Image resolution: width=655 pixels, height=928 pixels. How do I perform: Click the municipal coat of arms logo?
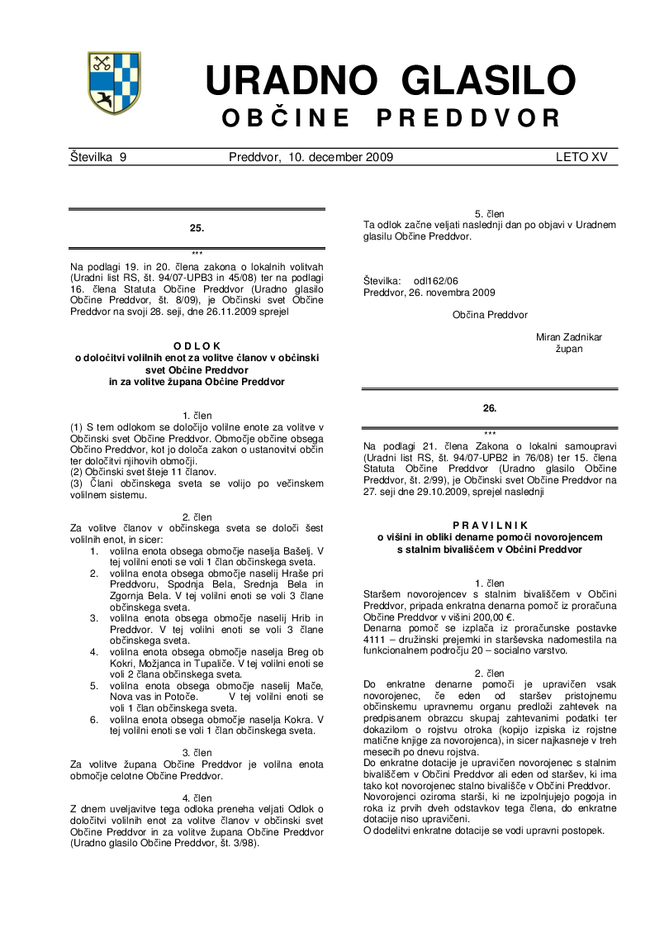click(x=114, y=83)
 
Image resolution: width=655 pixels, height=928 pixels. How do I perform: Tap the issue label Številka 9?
click(x=97, y=157)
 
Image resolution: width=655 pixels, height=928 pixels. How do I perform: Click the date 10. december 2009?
click(x=340, y=157)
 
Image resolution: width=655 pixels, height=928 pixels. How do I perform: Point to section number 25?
click(x=197, y=226)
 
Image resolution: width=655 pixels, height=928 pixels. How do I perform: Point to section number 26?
click(x=490, y=407)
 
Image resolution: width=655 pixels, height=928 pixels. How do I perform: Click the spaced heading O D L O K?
click(x=197, y=346)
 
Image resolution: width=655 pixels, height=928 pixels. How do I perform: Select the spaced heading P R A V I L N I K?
click(x=489, y=526)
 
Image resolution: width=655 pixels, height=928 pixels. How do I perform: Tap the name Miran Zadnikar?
click(x=569, y=337)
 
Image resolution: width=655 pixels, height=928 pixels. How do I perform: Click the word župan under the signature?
click(x=569, y=349)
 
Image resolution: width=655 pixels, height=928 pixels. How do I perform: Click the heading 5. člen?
click(x=489, y=214)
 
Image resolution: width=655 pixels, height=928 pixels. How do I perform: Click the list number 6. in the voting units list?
click(x=95, y=719)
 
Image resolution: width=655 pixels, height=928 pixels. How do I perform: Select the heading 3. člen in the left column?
click(x=197, y=753)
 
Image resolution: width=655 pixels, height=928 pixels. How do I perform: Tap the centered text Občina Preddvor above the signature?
click(x=490, y=315)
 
